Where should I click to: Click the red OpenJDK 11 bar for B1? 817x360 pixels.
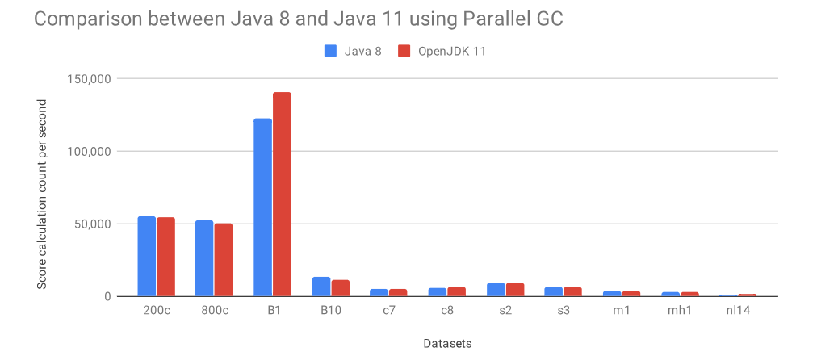pos(282,195)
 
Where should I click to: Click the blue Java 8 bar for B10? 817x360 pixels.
pos(321,287)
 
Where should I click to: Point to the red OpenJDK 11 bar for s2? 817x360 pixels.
pos(514,290)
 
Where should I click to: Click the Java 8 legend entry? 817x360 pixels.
pos(352,52)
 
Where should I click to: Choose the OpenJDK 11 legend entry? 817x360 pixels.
pos(442,52)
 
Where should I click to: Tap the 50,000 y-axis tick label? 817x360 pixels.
pos(90,224)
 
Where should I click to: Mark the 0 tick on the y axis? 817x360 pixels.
pos(105,296)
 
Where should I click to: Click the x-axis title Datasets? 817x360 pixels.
pos(446,343)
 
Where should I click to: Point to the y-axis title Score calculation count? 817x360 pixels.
pos(42,194)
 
